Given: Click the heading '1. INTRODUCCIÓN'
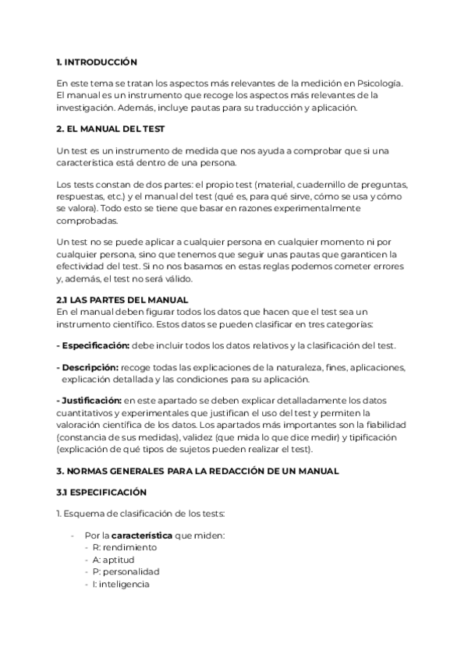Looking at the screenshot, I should tap(97, 62).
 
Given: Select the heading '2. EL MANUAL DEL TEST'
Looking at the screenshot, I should tap(110, 129).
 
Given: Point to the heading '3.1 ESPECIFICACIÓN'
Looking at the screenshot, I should tap(102, 493).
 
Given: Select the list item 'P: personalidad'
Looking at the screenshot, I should tap(125, 572).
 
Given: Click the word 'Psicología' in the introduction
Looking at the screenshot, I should tap(377, 83).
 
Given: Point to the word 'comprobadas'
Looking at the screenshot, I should tap(87, 221).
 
